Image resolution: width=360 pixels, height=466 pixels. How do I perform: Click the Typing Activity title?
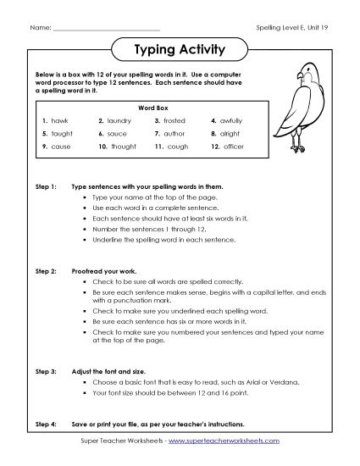(x=180, y=50)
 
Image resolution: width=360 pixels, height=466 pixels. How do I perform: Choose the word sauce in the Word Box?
(x=118, y=134)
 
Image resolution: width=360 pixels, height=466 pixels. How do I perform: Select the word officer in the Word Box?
(x=232, y=147)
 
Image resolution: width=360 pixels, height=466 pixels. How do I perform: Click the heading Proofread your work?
(x=104, y=270)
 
